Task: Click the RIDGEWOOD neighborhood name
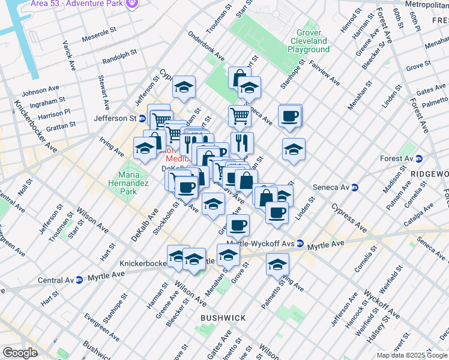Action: [x=429, y=173]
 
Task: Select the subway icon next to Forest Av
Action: [x=419, y=159]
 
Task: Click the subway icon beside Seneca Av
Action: [x=355, y=187]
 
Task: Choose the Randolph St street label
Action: [x=119, y=58]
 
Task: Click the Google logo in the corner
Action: [x=20, y=352]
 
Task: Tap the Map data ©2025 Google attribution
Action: [x=412, y=355]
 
